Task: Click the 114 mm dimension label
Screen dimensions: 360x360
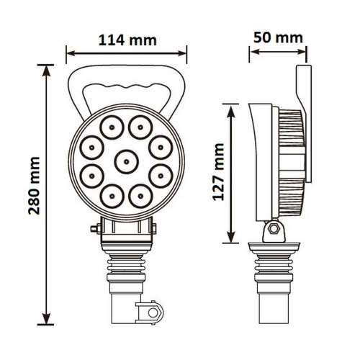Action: pyautogui.click(x=126, y=40)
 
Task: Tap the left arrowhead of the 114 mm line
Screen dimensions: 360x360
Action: pyautogui.click(x=68, y=51)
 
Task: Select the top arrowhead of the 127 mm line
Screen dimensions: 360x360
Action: pyautogui.click(x=231, y=106)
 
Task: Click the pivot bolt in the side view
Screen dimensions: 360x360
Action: pyautogui.click(x=271, y=230)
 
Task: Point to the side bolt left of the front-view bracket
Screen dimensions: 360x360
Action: pyautogui.click(x=95, y=230)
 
